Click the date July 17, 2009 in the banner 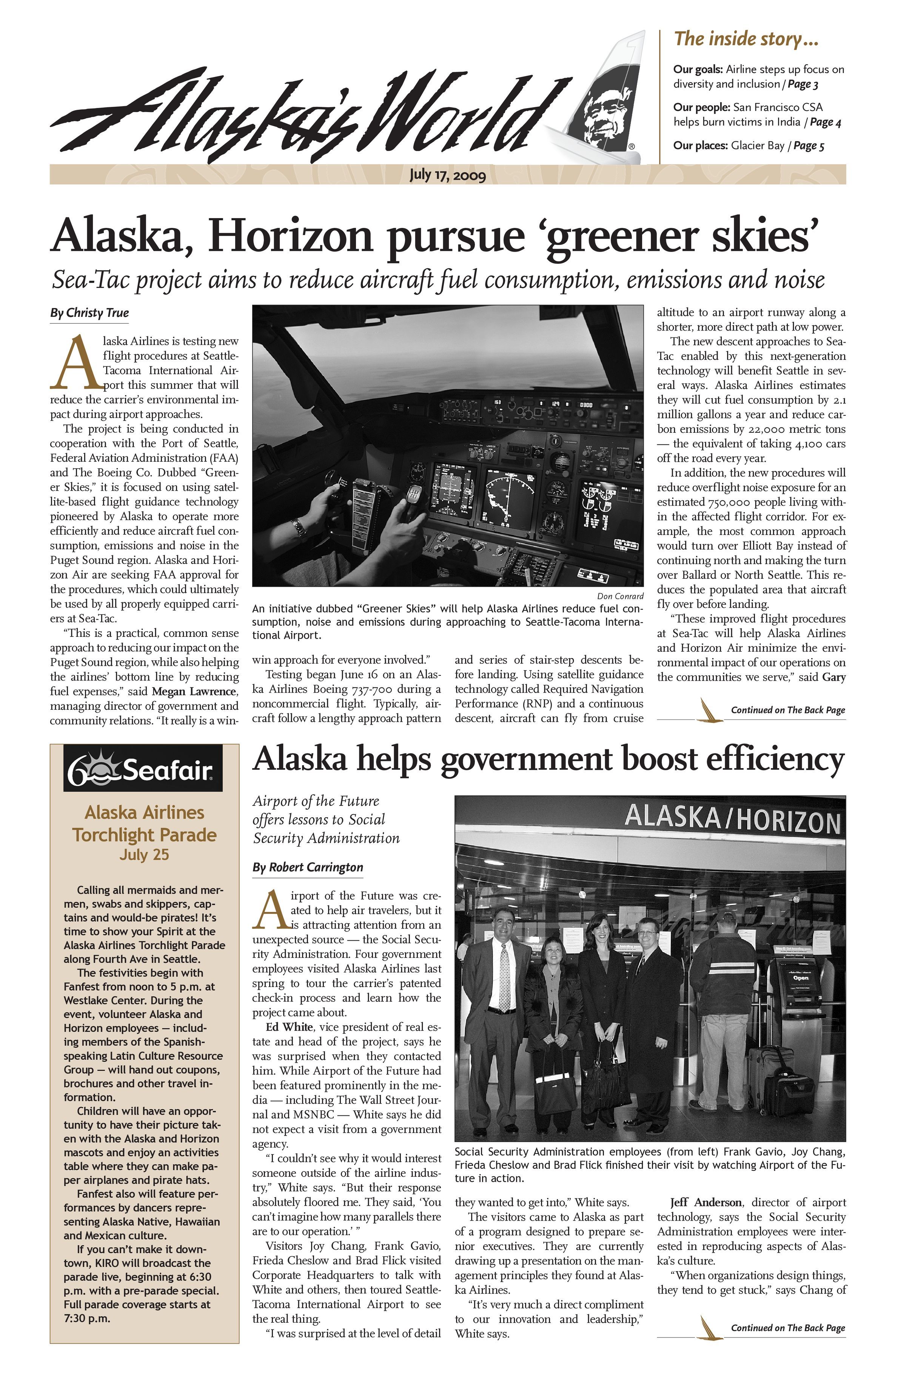(447, 174)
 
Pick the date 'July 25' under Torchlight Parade (144, 855)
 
